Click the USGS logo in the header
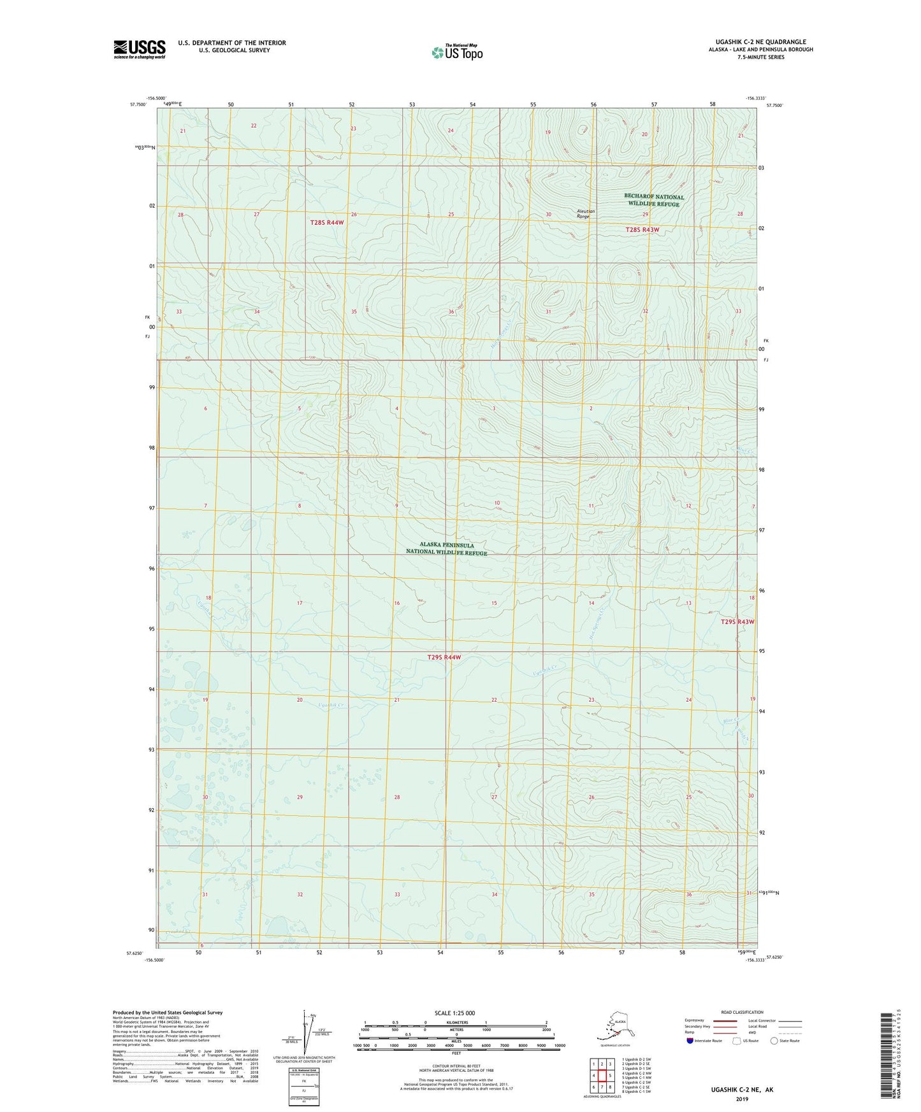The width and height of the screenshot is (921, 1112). [139, 49]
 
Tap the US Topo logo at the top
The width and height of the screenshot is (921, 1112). [456, 52]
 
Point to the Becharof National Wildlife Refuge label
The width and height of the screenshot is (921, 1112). [654, 200]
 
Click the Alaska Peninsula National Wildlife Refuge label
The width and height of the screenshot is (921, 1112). [446, 549]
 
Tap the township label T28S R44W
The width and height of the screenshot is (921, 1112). [327, 222]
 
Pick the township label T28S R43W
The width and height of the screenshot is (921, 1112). [642, 230]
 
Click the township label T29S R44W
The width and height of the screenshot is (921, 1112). [444, 657]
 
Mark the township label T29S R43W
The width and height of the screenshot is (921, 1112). [737, 622]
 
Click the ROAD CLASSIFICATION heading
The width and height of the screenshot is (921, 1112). [742, 1012]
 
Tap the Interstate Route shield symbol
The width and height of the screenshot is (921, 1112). [690, 1041]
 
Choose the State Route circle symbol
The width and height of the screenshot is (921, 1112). [774, 1041]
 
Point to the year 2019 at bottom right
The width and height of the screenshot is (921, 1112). [742, 1099]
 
